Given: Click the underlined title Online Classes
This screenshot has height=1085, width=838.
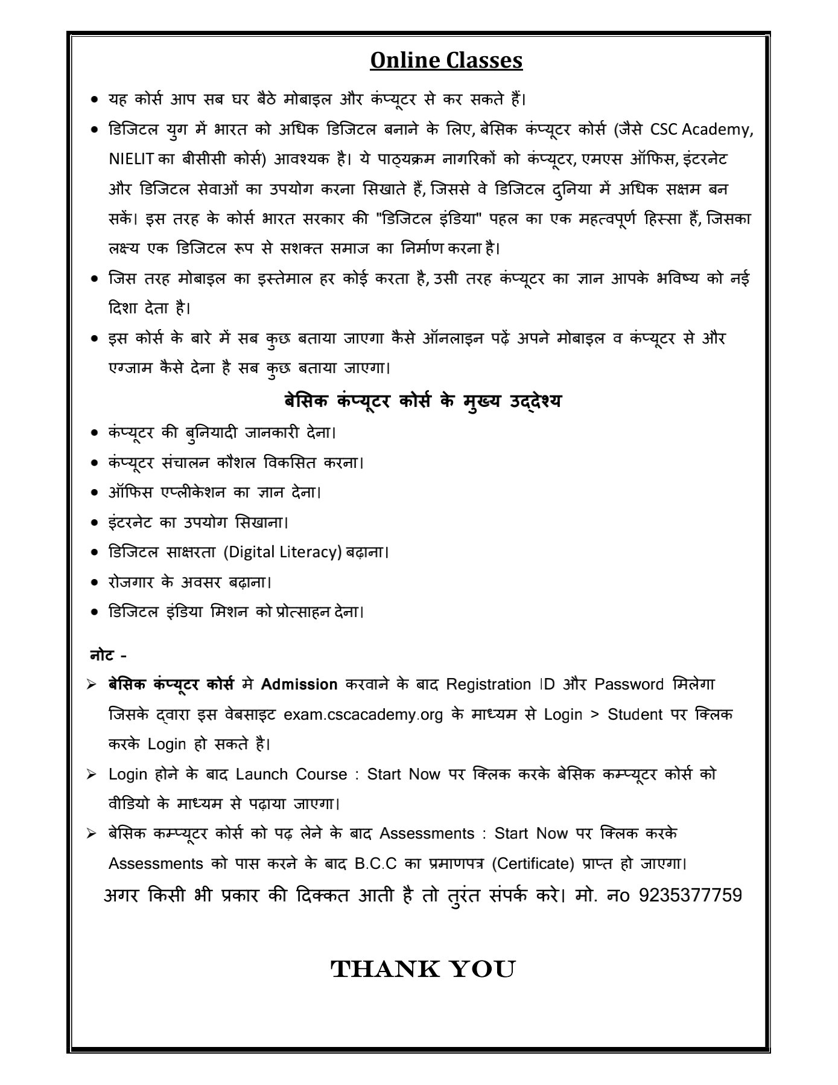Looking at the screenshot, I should point(446,60).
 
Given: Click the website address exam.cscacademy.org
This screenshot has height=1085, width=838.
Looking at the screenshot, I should point(363,714).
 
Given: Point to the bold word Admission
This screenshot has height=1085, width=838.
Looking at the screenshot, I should point(299,684).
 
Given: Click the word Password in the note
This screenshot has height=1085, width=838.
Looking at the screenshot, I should point(629,684).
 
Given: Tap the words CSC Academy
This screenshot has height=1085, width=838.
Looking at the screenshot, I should point(702,130).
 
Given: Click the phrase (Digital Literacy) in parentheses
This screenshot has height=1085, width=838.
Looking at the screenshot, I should point(282,552).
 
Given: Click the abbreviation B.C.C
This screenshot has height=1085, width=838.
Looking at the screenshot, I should point(375,863).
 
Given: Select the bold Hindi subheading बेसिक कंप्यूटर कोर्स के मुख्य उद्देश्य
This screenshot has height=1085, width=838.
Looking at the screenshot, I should point(422,401).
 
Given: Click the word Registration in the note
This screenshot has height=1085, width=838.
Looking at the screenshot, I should point(489,684).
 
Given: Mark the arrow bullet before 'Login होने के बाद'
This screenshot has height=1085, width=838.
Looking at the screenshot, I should point(92,774).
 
